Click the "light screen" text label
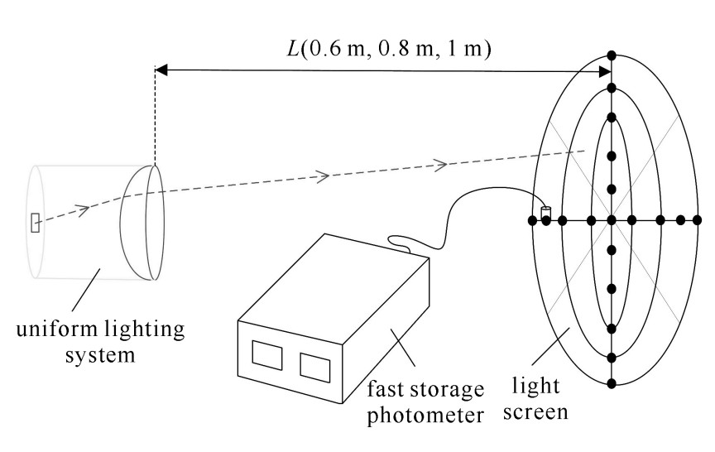pos(536,399)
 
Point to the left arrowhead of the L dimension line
pos(162,71)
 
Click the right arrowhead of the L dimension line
pos(604,71)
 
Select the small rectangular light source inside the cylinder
pos(35,223)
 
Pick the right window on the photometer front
pos(314,366)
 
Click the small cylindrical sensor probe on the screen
pos(545,212)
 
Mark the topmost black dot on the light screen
pos(612,55)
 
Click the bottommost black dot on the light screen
pos(612,382)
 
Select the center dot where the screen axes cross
pos(612,220)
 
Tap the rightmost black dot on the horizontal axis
pos(698,220)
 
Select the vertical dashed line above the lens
pos(156,116)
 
